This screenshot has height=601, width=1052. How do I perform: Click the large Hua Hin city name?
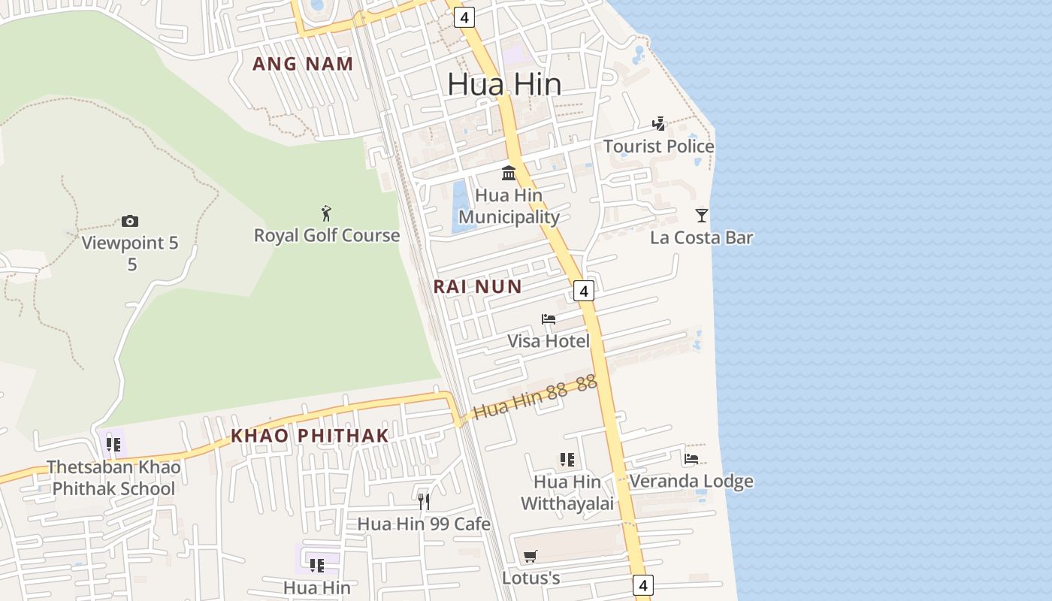(504, 84)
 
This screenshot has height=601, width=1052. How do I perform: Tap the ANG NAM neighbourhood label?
(303, 64)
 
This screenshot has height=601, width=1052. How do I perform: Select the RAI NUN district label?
(477, 286)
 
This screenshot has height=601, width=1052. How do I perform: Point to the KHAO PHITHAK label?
(310, 436)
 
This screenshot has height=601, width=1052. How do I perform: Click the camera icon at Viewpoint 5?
(130, 221)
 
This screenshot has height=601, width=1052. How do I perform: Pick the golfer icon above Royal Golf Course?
(326, 213)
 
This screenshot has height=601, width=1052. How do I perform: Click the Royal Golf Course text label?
(327, 236)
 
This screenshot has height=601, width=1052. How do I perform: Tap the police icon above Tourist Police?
(659, 123)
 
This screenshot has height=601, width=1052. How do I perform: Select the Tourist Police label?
(659, 146)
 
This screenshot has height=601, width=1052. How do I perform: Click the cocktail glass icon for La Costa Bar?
(702, 216)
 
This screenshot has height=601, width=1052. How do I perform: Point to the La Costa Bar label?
(701, 238)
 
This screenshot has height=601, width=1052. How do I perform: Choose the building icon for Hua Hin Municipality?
(509, 173)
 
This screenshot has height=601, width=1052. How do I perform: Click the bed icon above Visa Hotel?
(549, 319)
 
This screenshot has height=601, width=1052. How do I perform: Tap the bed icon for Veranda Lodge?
(691, 458)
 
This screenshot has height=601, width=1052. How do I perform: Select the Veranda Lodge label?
(691, 481)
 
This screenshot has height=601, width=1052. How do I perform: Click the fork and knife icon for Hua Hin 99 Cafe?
(424, 501)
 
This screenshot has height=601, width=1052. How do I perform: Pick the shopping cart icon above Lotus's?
(531, 556)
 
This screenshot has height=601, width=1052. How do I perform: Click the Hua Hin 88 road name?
(535, 397)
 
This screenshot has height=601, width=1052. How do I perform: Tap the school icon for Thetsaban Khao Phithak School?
(113, 445)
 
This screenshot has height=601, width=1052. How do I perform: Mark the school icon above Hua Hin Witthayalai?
(567, 459)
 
